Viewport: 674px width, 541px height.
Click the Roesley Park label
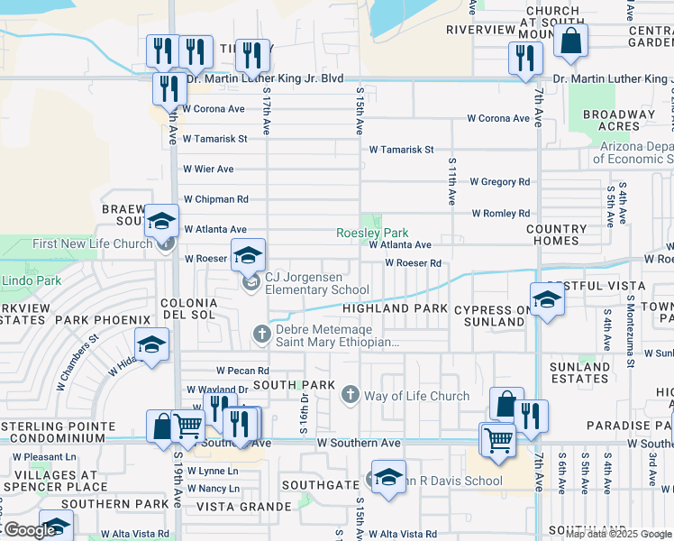[372, 233]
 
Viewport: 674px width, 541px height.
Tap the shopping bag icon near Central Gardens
[570, 41]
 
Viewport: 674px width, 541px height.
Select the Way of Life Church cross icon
[350, 395]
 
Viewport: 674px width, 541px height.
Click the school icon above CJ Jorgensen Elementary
[249, 256]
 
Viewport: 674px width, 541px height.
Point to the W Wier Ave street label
[208, 169]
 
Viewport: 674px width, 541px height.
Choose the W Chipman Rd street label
[215, 198]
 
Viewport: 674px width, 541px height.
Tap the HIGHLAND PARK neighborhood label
[394, 308]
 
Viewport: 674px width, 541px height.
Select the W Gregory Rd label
[499, 182]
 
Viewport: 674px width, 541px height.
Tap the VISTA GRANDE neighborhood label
[242, 507]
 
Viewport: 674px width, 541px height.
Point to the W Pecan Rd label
[242, 371]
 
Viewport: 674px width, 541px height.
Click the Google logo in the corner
[29, 530]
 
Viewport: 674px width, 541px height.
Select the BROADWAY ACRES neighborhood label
[618, 120]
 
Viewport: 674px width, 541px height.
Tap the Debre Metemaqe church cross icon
[261, 335]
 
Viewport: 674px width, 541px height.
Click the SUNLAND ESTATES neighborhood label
[579, 372]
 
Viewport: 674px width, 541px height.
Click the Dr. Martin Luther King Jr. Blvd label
[265, 78]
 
